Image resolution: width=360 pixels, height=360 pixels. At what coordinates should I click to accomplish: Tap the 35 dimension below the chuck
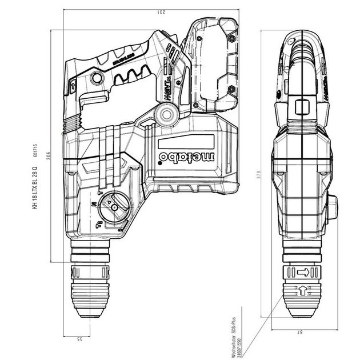(80, 339)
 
